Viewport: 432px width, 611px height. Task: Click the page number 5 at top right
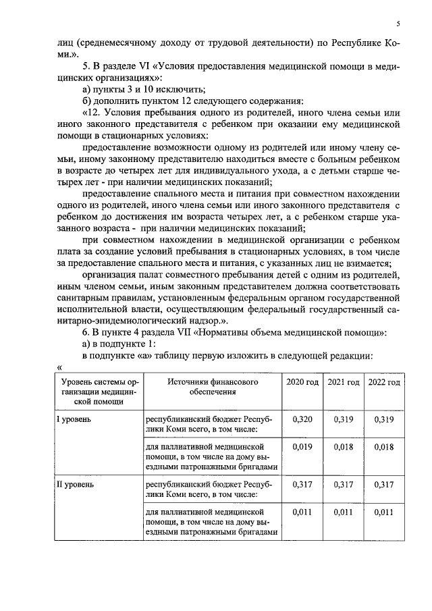point(398,24)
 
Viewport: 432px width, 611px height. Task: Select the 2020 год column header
point(302,382)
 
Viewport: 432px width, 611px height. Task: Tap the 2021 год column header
point(343,382)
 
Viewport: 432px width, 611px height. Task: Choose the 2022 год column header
point(384,382)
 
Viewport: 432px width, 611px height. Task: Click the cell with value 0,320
point(302,419)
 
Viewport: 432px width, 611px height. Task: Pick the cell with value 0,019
point(302,446)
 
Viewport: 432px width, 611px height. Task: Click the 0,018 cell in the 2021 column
point(343,446)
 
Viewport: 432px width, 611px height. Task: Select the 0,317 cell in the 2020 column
point(302,484)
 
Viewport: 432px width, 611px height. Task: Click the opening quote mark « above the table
point(60,367)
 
